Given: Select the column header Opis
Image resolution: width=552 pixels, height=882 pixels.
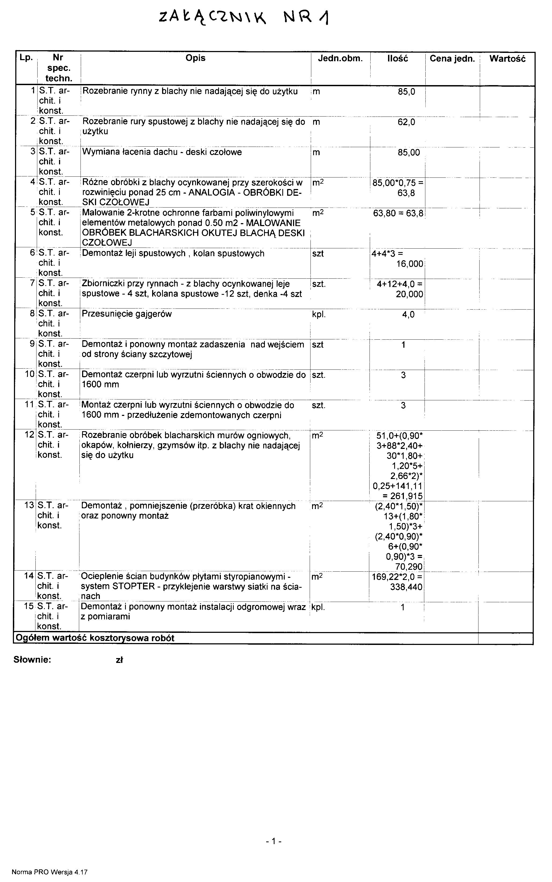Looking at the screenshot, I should [195, 58].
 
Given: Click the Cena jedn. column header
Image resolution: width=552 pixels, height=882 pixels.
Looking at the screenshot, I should [452, 59].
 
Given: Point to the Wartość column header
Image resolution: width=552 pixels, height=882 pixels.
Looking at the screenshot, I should [507, 59].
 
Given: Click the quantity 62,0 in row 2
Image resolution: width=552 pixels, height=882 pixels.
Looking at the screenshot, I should [406, 122].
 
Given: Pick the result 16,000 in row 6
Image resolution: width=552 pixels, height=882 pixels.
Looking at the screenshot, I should [410, 264].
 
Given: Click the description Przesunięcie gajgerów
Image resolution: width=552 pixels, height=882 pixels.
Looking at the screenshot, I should [127, 314].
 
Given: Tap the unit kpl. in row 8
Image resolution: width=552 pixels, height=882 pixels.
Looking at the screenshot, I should [319, 314].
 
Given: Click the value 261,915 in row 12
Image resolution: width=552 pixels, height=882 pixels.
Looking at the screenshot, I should [406, 496].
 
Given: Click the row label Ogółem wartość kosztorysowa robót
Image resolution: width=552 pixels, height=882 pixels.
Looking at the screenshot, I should [94, 638].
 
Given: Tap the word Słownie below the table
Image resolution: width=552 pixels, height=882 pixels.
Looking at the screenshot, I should [32, 660].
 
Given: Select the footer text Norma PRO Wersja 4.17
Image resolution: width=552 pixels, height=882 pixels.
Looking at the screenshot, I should [50, 872].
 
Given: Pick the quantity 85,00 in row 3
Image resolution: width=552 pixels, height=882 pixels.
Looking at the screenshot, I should [408, 152].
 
